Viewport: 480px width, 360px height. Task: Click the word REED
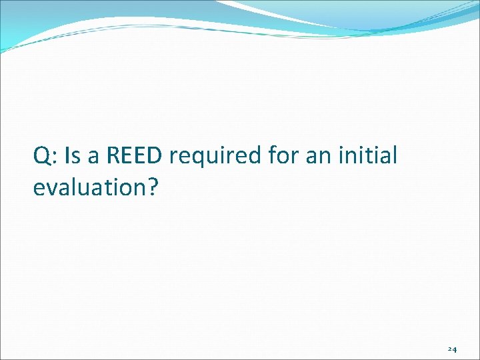point(134,156)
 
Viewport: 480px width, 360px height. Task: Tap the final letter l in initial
point(395,156)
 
